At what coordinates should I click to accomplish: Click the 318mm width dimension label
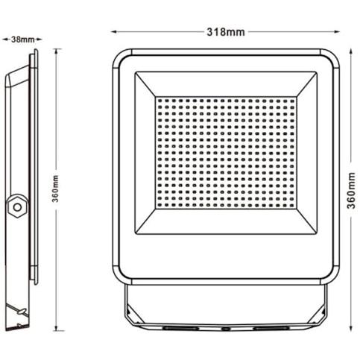(226, 32)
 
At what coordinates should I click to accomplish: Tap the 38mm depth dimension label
(22, 40)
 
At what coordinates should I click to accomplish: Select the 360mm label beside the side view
(56, 189)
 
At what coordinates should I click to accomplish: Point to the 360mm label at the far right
(351, 190)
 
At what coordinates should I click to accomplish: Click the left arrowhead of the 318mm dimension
(114, 32)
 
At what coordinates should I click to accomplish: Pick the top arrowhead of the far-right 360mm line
(351, 51)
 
